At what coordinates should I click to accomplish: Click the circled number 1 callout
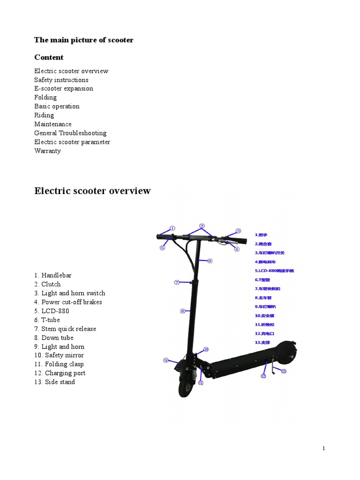click(172, 228)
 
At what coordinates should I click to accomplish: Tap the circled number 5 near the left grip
click(162, 248)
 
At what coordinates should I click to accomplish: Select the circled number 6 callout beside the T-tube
click(210, 261)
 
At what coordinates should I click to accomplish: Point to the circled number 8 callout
click(182, 311)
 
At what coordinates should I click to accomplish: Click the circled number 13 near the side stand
click(284, 371)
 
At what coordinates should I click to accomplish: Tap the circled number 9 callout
click(166, 360)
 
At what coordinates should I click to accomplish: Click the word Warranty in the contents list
click(47, 151)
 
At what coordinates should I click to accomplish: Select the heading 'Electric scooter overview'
click(92, 191)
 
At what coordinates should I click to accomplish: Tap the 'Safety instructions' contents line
click(61, 80)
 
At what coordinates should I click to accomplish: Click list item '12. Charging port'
click(60, 373)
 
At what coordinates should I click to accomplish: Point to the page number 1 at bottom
click(323, 449)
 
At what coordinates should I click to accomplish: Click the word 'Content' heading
click(49, 57)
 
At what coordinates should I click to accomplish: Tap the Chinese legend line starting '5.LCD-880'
click(274, 270)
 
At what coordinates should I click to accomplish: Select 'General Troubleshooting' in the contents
click(70, 133)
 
